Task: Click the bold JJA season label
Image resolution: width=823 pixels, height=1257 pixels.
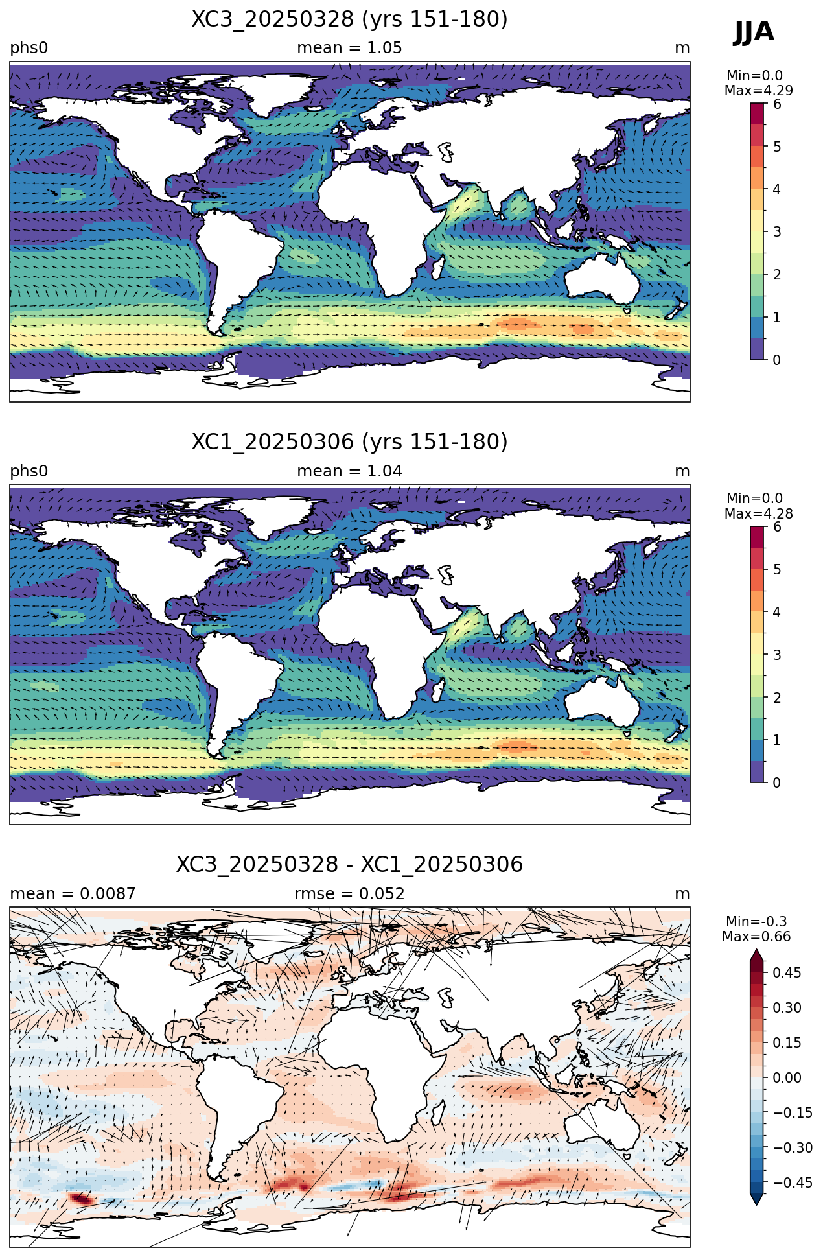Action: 754,31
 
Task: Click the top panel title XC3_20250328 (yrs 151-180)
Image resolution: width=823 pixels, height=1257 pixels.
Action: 349,19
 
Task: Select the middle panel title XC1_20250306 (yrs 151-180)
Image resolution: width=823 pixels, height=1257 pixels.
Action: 349,442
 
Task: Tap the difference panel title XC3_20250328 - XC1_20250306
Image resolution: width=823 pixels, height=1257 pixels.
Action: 349,865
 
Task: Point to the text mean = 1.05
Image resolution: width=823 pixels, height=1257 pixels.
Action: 349,48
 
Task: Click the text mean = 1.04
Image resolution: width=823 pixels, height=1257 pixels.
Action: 349,471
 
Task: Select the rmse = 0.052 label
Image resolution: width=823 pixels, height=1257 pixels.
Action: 349,894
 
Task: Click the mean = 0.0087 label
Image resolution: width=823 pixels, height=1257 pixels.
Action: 73,894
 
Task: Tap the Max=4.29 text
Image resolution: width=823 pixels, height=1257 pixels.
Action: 758,91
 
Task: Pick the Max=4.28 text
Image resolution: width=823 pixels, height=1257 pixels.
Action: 758,514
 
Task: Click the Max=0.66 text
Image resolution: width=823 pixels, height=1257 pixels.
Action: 756,937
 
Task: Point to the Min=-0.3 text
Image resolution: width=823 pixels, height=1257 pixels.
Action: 756,922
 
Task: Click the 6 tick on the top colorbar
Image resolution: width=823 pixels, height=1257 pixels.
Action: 777,104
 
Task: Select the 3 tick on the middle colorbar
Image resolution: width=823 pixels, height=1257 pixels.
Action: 777,655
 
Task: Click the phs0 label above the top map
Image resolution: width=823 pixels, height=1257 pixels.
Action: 29,48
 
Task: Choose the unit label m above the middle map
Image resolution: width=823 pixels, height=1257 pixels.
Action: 682,471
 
